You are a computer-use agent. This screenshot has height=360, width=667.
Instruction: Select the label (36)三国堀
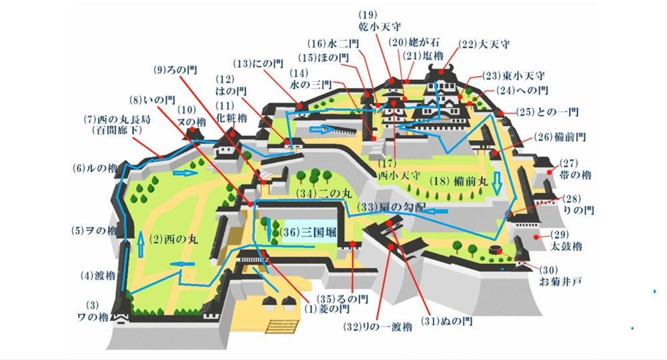[307, 232]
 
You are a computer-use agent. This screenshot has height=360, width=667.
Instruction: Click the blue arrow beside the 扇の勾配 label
[436, 211]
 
